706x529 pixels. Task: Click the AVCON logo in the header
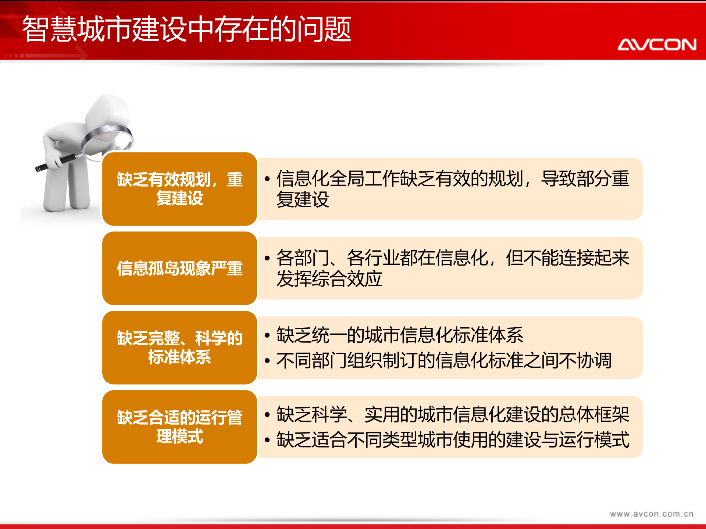[657, 44]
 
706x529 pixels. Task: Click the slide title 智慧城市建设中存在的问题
[187, 29]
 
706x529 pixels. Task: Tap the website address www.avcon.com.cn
[651, 514]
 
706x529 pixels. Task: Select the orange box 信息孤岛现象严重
[179, 268]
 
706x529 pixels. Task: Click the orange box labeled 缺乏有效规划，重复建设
[179, 189]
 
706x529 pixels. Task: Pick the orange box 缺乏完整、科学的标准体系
[179, 348]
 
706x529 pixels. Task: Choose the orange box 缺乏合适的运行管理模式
[179, 427]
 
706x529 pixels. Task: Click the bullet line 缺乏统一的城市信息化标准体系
[400, 335]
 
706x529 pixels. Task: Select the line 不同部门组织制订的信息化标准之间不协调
[444, 360]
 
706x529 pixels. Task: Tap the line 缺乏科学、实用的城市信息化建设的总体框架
[453, 414]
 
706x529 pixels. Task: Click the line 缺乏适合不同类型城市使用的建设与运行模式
[453, 440]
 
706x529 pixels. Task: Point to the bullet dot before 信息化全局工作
[267, 179]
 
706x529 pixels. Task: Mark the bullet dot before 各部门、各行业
[267, 258]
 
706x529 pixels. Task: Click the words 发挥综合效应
[329, 279]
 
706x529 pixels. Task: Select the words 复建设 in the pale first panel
[303, 199]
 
